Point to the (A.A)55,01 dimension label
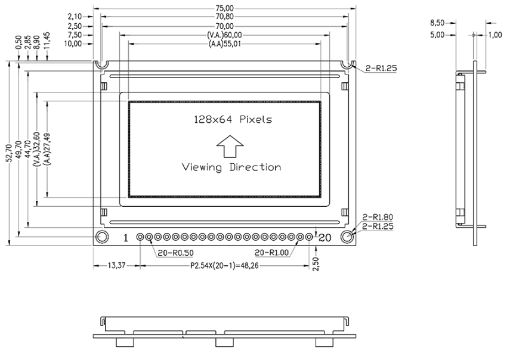[x=225, y=44]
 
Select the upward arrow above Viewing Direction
[x=230, y=145]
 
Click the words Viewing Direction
[x=231, y=167]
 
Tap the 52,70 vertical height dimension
[x=9, y=152]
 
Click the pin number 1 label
[x=126, y=238]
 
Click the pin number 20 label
[x=324, y=238]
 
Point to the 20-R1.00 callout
[x=271, y=252]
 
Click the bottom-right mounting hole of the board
[x=348, y=237]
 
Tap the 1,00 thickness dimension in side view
[x=495, y=35]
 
